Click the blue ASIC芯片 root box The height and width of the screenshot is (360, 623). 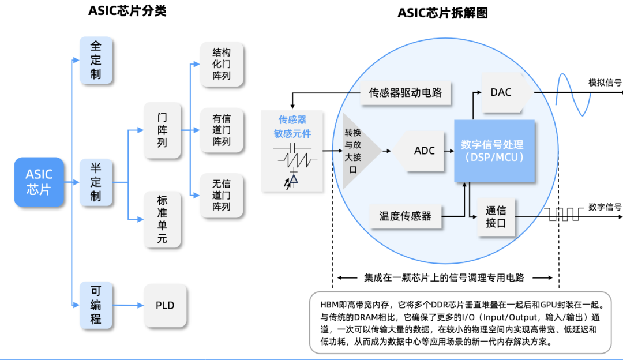coord(39,182)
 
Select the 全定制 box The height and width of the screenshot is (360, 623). coord(96,60)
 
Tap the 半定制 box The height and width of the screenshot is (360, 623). coord(96,182)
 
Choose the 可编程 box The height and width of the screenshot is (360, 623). coord(96,305)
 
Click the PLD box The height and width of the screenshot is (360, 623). coord(165,305)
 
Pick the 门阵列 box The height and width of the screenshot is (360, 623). coord(162,130)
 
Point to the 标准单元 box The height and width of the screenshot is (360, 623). coord(162,219)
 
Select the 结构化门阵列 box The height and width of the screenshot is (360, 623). coord(222,64)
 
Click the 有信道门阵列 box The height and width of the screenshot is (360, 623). coord(222,130)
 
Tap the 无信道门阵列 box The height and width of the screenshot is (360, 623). coord(222,195)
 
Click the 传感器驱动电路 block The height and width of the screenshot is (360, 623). coord(406,93)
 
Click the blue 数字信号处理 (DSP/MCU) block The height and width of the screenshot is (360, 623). coord(494,151)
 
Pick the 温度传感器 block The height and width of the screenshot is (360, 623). coord(406,216)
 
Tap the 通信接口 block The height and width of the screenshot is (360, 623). coord(496,217)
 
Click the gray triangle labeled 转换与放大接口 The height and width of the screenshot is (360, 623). coord(358,151)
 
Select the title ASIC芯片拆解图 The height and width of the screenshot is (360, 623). coord(442,13)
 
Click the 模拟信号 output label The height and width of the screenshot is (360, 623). coord(605,82)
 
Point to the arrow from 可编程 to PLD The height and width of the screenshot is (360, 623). coord(128,305)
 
